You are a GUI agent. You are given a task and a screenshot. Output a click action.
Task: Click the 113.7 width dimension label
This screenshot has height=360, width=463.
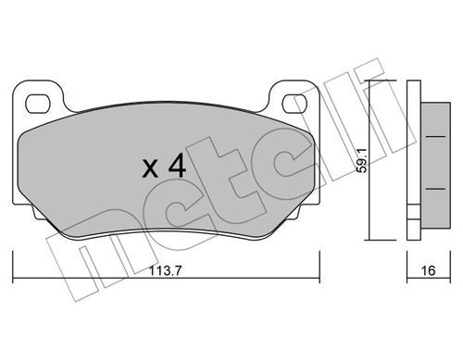tap(166, 271)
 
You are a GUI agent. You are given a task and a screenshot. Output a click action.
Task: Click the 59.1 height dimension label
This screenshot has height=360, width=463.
tap(361, 160)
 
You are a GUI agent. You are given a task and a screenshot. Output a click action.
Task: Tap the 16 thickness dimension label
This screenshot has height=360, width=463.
tap(428, 270)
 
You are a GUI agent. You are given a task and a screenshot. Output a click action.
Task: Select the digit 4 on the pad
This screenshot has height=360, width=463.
tap(177, 166)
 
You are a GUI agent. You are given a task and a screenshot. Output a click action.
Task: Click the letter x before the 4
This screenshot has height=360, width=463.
tap(150, 169)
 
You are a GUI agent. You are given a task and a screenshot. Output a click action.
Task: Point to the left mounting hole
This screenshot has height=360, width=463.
tap(38, 104)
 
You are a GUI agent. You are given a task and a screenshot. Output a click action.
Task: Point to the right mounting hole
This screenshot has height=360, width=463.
tap(295, 104)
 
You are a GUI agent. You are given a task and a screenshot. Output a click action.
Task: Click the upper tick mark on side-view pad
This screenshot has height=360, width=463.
tap(435, 136)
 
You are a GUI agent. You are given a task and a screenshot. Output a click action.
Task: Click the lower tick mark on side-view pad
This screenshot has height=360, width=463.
tap(435, 189)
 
